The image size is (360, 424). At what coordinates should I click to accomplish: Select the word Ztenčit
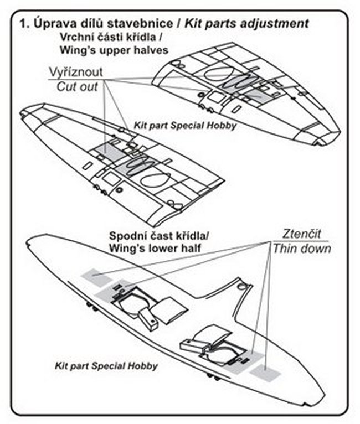coord(297,232)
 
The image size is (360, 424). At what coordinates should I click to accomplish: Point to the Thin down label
coord(302,248)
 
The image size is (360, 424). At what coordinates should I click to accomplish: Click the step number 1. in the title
coord(24,24)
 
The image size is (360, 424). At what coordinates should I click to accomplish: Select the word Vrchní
coord(78,38)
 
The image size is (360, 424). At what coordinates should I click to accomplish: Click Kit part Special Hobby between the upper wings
coord(185,126)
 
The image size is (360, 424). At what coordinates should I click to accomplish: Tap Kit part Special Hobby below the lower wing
coord(106,366)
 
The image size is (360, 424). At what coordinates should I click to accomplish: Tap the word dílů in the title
coord(85,24)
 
